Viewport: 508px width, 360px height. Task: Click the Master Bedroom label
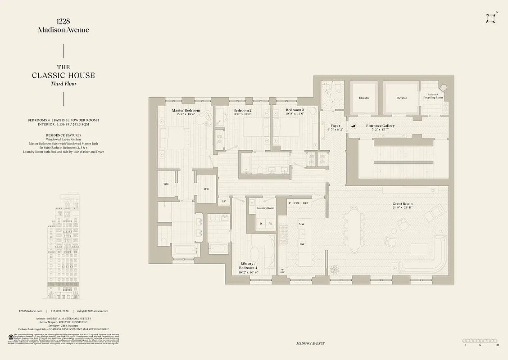pos(186,110)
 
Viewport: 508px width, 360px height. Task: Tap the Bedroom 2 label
pos(242,110)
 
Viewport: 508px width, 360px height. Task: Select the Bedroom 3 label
pos(295,110)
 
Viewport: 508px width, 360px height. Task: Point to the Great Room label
pos(402,204)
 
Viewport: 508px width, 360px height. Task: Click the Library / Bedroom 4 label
pos(248,265)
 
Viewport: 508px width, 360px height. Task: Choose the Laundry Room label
pos(265,208)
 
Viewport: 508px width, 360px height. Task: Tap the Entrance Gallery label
pos(380,126)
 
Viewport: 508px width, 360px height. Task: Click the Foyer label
pos(335,126)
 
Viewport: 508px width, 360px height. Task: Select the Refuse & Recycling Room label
pos(433,96)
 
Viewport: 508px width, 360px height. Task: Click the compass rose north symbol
pos(490,18)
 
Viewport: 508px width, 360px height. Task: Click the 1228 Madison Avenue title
pos(63,26)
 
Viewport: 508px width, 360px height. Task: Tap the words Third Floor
pos(63,84)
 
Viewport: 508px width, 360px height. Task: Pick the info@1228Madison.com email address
pos(92,311)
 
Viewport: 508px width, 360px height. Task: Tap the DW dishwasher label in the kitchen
pos(302,244)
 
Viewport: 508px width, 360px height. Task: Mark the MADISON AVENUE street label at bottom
pos(311,343)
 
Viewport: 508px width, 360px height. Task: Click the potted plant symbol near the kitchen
pos(334,269)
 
